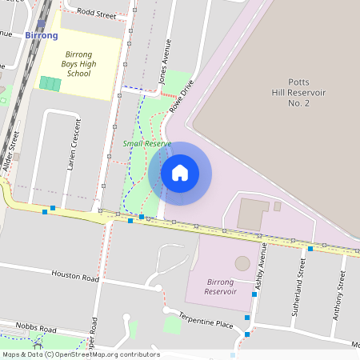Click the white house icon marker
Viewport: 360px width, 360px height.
pyautogui.click(x=180, y=173)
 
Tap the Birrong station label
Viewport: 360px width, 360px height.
pyautogui.click(x=41, y=36)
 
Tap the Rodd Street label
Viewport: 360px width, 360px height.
pyautogui.click(x=97, y=14)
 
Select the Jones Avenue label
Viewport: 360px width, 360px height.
pyautogui.click(x=165, y=62)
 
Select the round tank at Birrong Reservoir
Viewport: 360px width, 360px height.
pyautogui.click(x=242, y=263)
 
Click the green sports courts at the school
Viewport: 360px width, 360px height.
pyautogui.click(x=50, y=83)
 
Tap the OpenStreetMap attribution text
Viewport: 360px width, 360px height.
pyautogui.click(x=80, y=354)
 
